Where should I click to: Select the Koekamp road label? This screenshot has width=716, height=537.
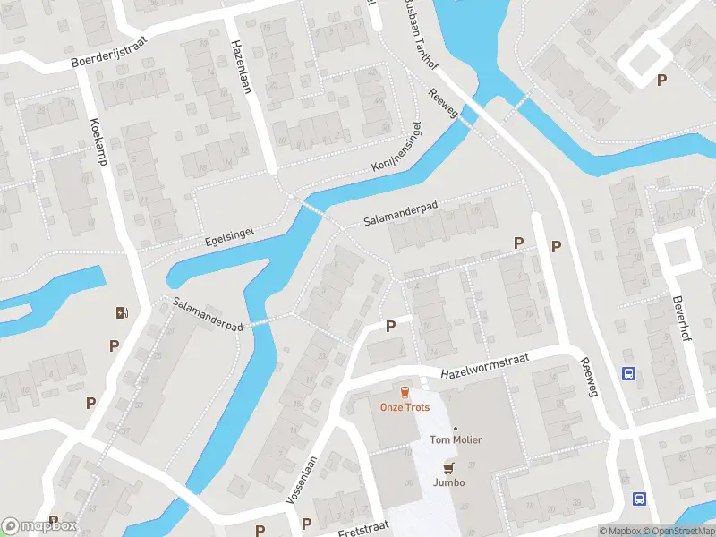point(98,143)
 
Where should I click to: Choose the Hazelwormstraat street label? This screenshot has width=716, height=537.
point(485,365)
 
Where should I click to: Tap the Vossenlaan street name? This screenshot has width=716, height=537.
point(304,481)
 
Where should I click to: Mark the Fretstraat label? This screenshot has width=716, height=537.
point(362,532)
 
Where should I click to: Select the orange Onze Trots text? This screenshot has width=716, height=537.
point(405,407)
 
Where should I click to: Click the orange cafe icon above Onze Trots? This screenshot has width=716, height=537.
point(405,392)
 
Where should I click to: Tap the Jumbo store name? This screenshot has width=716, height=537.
point(449,482)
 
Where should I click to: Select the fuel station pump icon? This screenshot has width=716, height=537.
point(122,312)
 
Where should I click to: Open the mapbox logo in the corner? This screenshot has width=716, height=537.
point(39,526)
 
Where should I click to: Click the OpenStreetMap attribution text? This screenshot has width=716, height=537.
point(678,531)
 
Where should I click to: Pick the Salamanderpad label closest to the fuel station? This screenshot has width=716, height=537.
point(209,316)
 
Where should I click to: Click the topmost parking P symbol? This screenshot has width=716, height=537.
point(661,80)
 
